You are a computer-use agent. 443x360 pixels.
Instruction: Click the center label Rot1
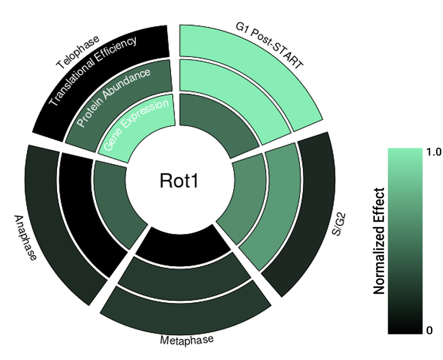point(178,181)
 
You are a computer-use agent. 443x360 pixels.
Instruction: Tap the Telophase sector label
point(78,53)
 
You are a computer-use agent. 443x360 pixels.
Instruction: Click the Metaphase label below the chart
point(186,340)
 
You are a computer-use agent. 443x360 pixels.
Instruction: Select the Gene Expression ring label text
point(136,125)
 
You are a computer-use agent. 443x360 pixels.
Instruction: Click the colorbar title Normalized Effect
point(379,241)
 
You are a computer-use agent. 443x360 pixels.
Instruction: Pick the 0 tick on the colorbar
point(429,331)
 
